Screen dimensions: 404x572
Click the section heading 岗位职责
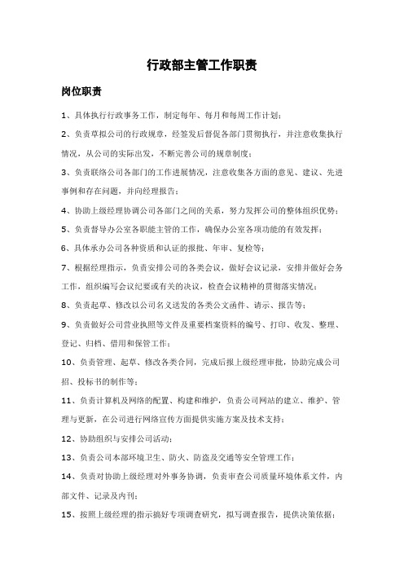(81, 92)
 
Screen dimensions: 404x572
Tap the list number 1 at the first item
(64, 117)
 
